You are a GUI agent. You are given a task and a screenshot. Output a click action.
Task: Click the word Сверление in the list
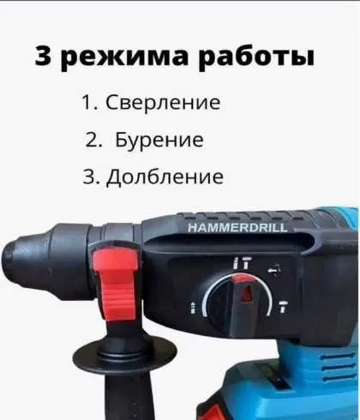163,102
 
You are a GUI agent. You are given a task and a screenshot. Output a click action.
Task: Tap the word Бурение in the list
159,140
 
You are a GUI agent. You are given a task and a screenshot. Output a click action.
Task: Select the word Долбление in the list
165,177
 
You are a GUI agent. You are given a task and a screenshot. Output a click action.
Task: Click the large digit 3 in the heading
45,56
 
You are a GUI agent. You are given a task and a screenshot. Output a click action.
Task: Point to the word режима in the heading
125,57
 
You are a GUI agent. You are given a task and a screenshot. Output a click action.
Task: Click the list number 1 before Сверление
88,102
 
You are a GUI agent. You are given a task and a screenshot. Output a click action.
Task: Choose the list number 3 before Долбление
91,177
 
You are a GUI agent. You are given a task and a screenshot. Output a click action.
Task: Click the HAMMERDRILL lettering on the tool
237,228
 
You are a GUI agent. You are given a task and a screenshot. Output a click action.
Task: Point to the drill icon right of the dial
284,306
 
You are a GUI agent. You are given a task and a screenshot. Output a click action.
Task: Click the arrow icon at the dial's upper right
274,270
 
